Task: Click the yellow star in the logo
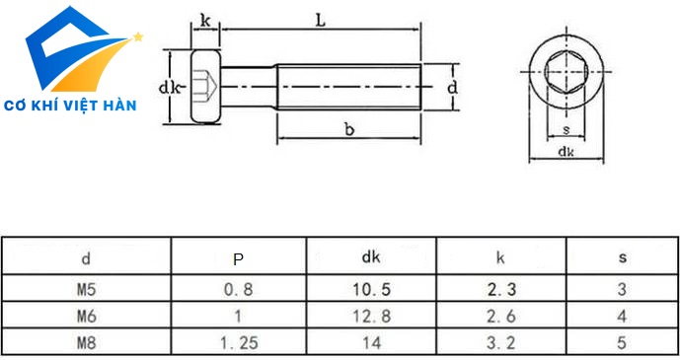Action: point(138,36)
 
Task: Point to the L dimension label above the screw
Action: point(320,20)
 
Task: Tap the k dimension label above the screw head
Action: point(205,20)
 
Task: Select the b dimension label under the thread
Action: point(349,128)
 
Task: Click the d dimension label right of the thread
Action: point(452,87)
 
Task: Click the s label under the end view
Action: point(566,129)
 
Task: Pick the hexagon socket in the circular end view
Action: point(566,71)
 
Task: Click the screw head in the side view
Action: point(205,87)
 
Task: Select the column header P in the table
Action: point(238,258)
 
